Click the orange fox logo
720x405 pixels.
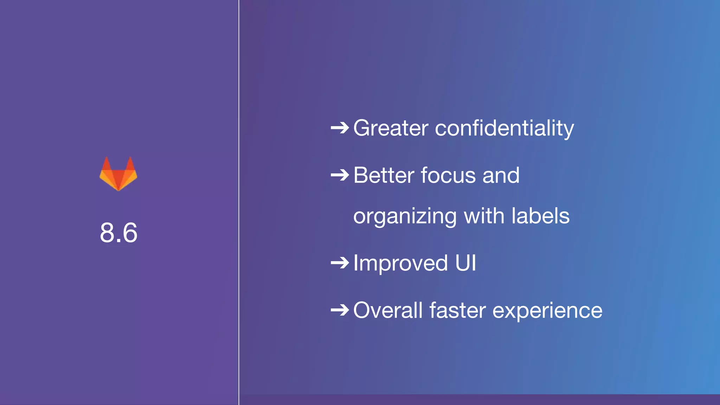pos(118,174)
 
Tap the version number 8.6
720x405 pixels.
pos(118,233)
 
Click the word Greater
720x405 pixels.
pos(391,128)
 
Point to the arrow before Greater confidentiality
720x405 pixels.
pos(340,128)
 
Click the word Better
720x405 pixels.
pos(383,175)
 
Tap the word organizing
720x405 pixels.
pos(405,216)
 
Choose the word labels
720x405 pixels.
pos(540,216)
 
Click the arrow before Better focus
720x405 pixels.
pos(340,175)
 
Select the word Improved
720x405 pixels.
pos(400,263)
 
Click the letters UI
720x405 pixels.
pos(465,263)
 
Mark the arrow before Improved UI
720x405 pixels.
pos(340,263)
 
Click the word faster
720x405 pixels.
pos(457,310)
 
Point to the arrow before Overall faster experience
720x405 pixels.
pos(340,310)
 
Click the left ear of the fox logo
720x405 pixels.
pos(107,164)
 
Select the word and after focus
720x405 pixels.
pos(501,175)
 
